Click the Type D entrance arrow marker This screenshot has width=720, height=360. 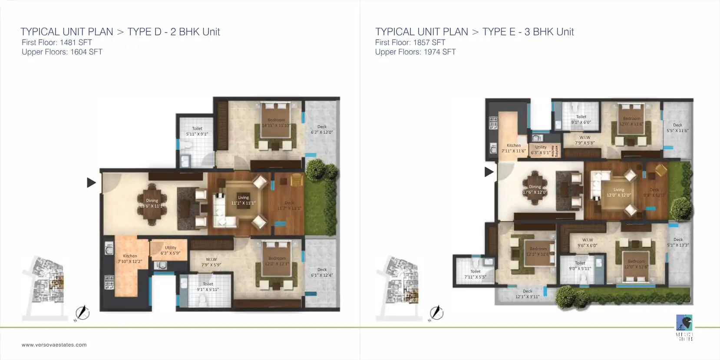91,182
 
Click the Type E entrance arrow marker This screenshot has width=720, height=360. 489,172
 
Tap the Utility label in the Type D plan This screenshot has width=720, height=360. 170,251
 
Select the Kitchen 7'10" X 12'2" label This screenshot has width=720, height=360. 130,259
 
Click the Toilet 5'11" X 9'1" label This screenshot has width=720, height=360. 197,131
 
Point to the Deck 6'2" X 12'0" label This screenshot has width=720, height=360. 322,129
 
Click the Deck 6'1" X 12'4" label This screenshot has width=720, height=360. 322,272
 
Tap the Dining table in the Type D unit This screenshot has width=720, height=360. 152,202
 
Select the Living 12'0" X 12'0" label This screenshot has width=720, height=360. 619,192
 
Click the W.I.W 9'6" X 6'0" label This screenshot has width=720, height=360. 588,242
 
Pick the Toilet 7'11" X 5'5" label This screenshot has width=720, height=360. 476,274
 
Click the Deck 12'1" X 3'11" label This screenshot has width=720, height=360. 528,294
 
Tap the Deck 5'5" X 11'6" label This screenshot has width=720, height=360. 677,128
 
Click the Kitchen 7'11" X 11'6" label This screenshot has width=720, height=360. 514,148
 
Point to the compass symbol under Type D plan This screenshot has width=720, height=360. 83,313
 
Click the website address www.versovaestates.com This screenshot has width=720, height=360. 54,345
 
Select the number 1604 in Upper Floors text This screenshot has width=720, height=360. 79,52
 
